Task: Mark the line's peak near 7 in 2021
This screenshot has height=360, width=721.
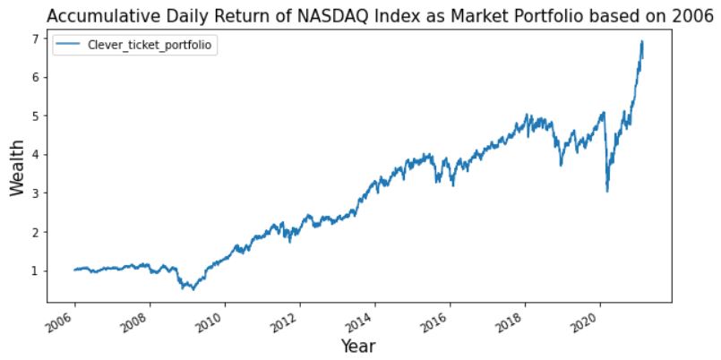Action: coord(641,41)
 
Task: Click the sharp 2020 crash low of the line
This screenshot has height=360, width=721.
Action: coord(607,191)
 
